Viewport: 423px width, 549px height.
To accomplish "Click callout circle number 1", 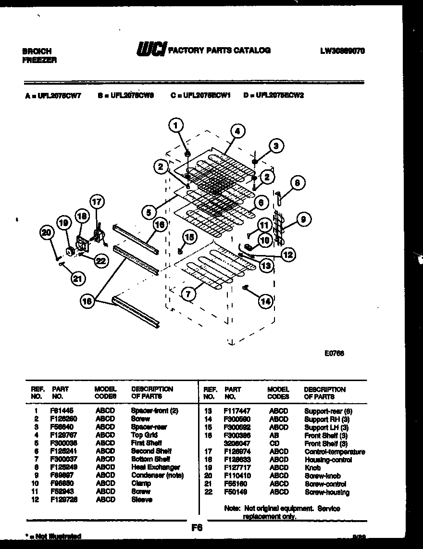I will click(176, 126).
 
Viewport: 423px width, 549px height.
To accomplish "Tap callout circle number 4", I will click(236, 130).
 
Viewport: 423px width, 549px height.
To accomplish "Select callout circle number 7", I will click(188, 292).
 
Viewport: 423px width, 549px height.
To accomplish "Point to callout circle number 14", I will click(265, 301).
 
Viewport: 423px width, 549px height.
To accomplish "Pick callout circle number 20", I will click(46, 233).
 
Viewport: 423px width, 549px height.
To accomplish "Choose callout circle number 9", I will click(302, 220).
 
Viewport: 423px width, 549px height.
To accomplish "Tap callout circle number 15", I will click(189, 236).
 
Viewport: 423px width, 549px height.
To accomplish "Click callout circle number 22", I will click(100, 261).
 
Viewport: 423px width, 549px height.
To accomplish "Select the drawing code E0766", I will click(334, 353).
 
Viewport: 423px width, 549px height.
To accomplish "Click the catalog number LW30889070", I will click(342, 50).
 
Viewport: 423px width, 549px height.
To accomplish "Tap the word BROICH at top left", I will click(37, 51).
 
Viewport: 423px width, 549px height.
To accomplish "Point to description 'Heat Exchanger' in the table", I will click(155, 467).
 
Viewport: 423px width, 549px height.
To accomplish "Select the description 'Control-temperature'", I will click(335, 452).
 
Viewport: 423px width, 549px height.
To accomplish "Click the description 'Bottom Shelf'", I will click(150, 459).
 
